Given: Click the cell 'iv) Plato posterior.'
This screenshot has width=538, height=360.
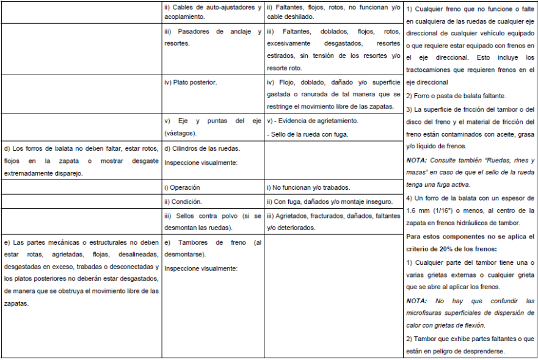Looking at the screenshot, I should (191, 82).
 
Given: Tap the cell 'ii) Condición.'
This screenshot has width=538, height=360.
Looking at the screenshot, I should (184, 201).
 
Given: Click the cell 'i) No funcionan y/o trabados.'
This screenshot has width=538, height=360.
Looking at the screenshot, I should (308, 187).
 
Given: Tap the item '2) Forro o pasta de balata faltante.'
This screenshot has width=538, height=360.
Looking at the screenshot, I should (456, 96).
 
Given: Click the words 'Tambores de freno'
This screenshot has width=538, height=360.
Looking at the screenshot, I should (208, 242).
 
